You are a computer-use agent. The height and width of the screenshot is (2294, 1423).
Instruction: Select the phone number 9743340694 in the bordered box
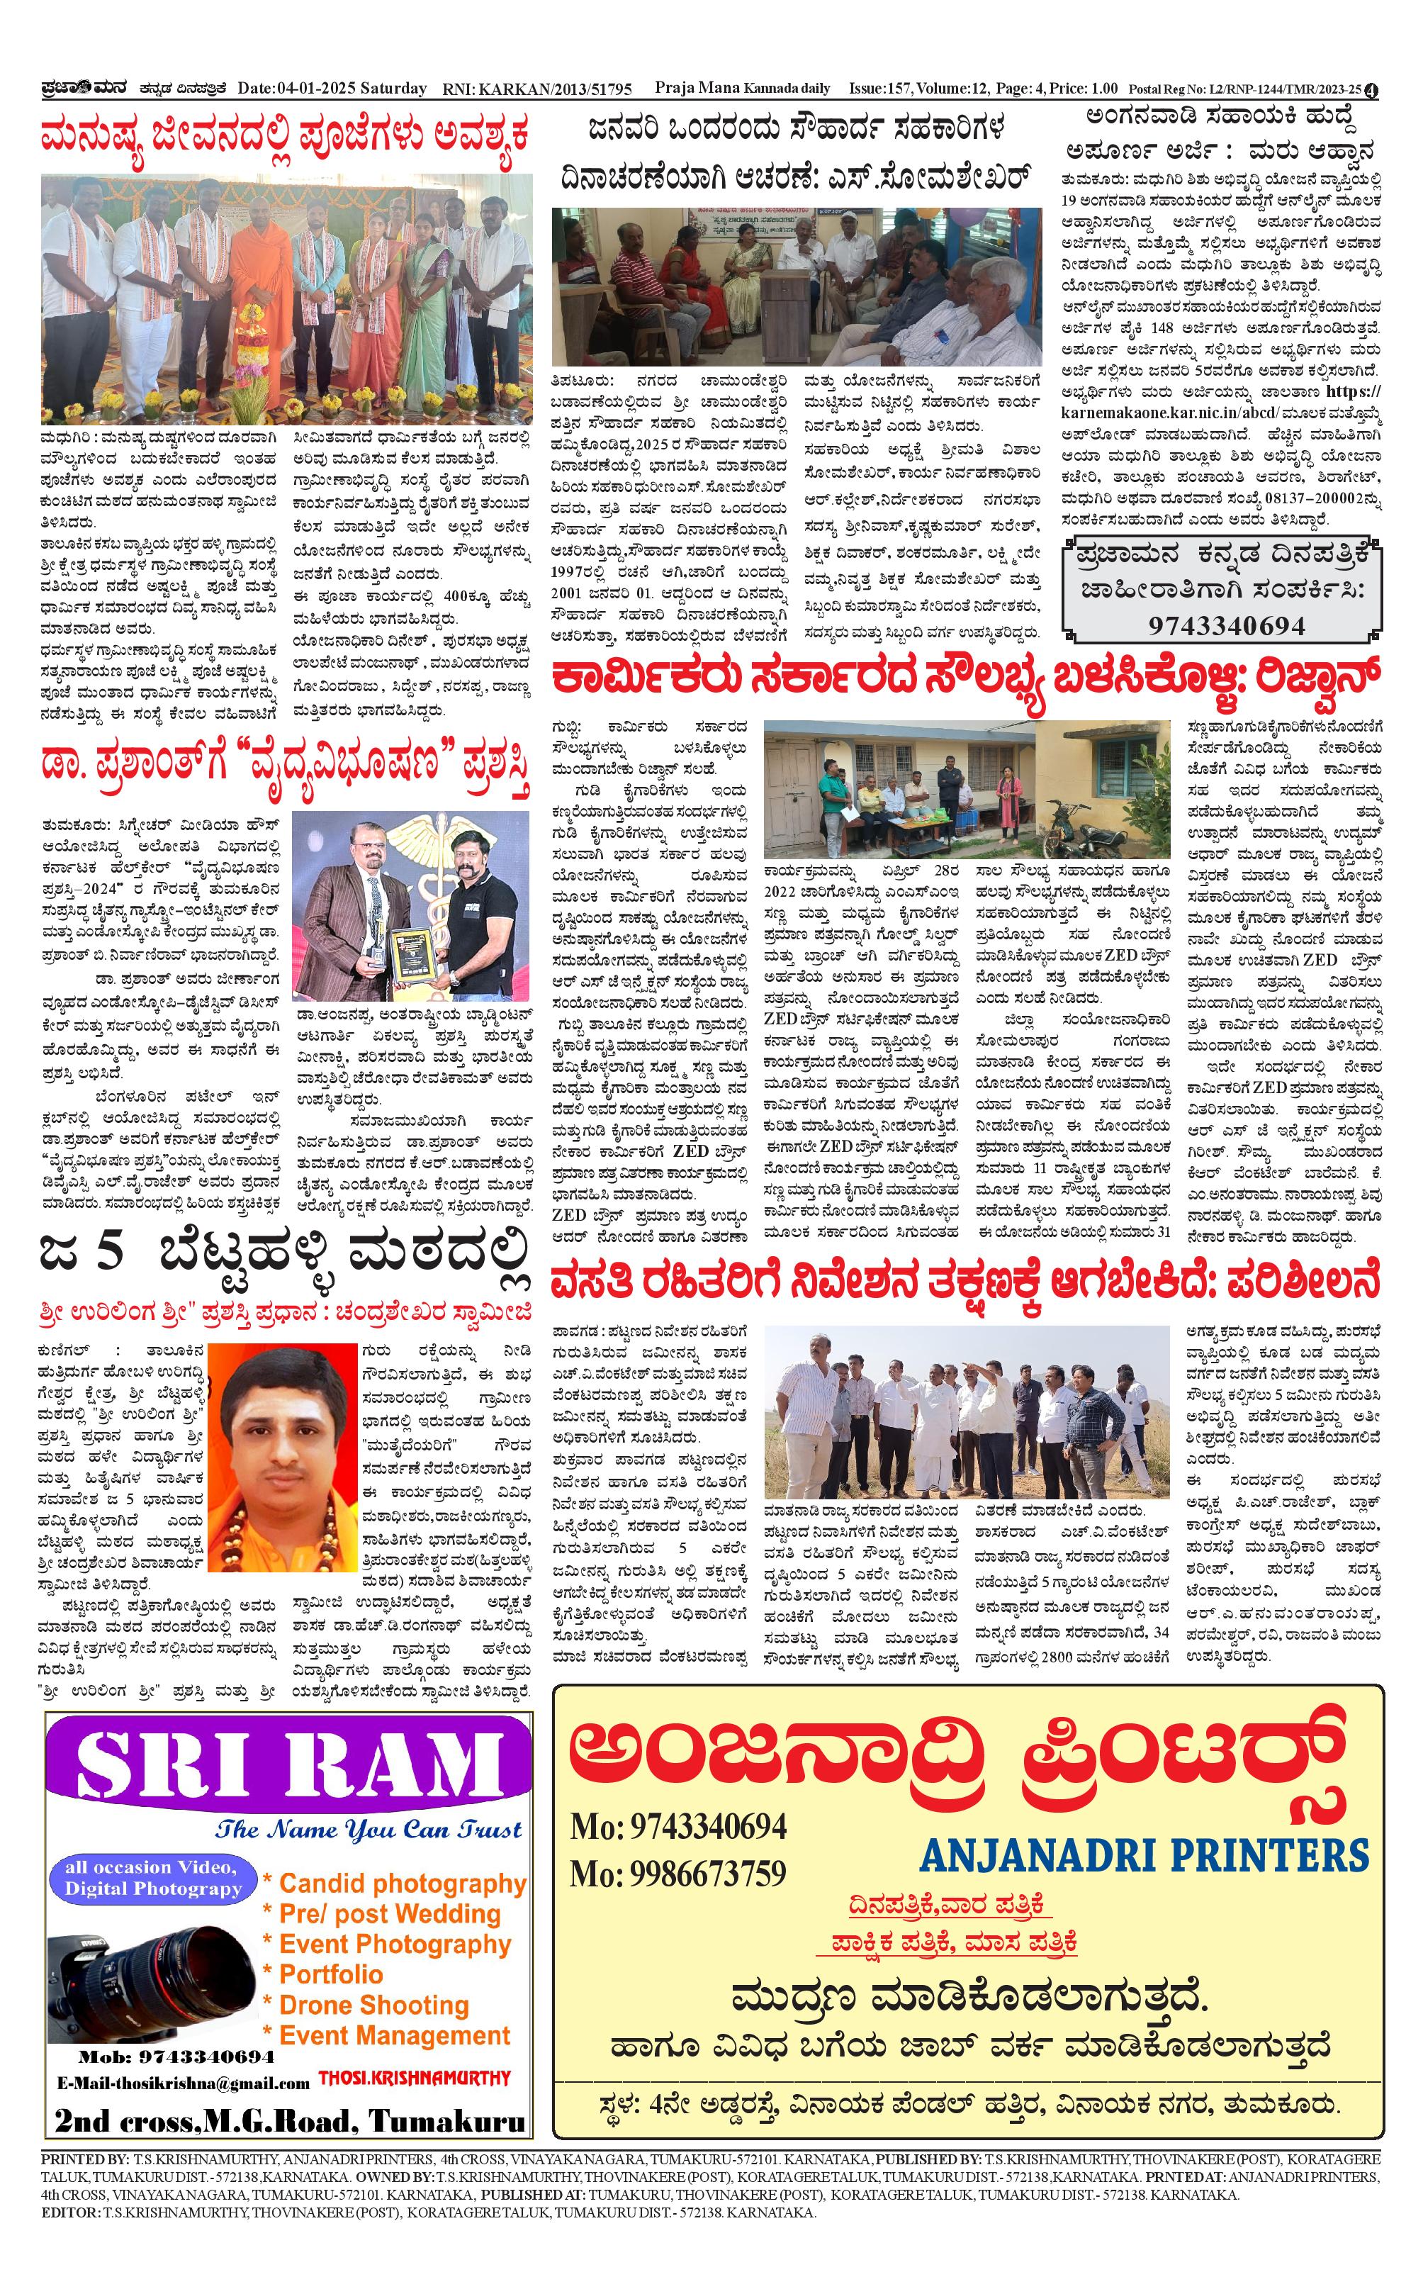coord(1226,626)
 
